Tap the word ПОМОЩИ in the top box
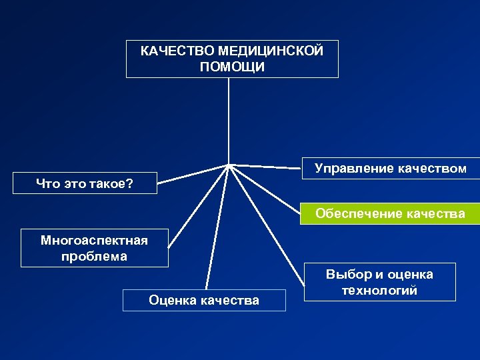coord(232,67)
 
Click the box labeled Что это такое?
coord(85,183)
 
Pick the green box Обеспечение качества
coord(390,213)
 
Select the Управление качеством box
coord(390,169)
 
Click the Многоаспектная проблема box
coord(94,247)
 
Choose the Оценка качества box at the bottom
coord(204,300)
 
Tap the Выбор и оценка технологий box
coord(379,282)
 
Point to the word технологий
coord(379,291)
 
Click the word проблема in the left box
coord(94,256)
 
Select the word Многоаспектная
coord(94,240)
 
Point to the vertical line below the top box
coord(229,120)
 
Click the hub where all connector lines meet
coord(229,164)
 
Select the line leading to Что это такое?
coord(193,173)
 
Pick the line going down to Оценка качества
coord(218,227)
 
